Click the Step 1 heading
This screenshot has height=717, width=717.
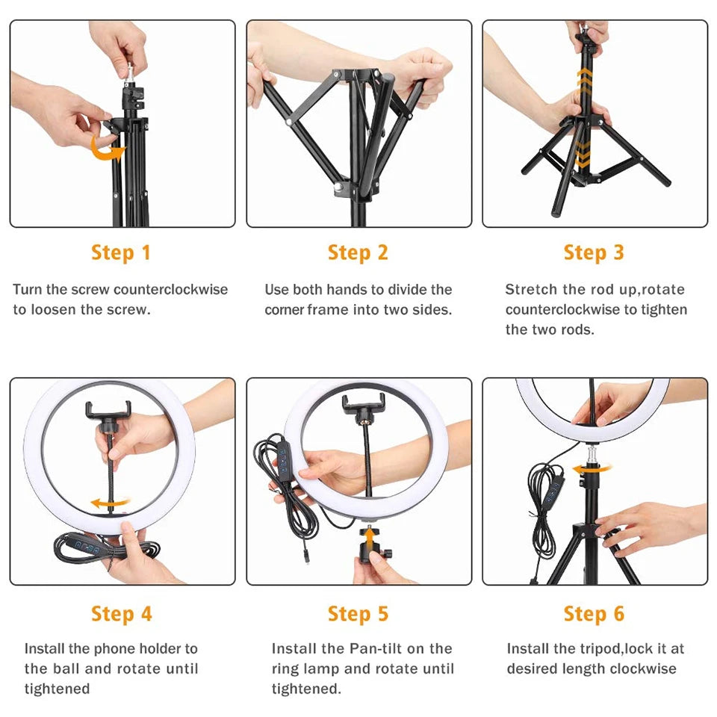(x=121, y=252)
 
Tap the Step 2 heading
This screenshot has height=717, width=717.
(x=358, y=252)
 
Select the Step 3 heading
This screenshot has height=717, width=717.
(x=594, y=252)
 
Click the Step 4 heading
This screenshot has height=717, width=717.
(x=121, y=614)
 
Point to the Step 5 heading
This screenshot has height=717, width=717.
(x=358, y=614)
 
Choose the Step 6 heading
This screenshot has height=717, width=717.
(x=594, y=614)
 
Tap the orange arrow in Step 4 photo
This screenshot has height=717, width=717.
(x=108, y=503)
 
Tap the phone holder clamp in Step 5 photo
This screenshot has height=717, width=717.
(x=361, y=406)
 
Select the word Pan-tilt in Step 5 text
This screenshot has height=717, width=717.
(x=399, y=648)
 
